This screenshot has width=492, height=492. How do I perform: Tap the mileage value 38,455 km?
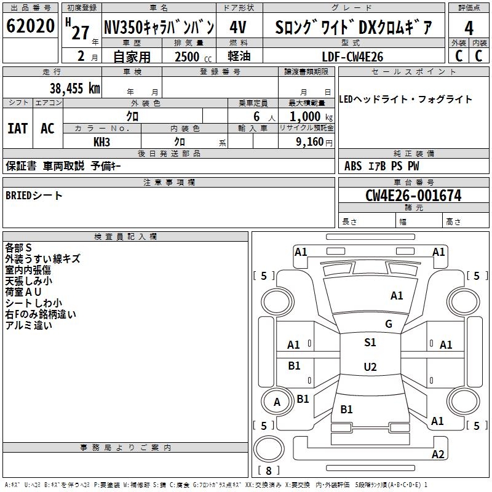tap(75, 89)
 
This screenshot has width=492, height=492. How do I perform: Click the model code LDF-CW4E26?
tap(352, 57)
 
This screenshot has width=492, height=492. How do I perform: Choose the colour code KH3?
tap(101, 141)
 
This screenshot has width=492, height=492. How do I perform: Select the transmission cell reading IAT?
tap(17, 128)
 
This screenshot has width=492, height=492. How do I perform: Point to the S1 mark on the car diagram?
tap(370, 343)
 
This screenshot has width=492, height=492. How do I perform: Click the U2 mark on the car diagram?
tap(370, 367)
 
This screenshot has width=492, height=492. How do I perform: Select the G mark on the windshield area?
tap(388, 324)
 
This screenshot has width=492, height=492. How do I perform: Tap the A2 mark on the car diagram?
tap(438, 454)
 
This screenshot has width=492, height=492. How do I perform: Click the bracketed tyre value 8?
tap(268, 470)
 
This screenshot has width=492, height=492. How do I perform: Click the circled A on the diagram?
tap(277, 402)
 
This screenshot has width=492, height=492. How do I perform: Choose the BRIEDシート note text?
tap(34, 196)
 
